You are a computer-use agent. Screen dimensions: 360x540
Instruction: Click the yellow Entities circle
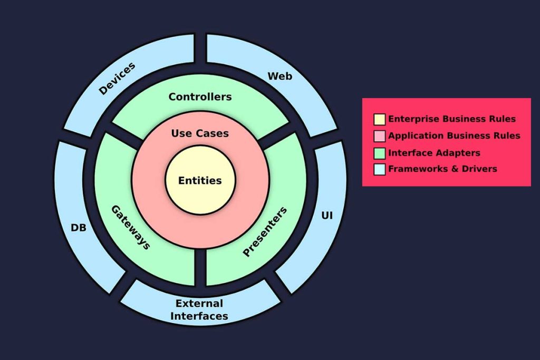click(x=200, y=181)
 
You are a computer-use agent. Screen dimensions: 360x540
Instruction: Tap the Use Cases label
click(x=200, y=133)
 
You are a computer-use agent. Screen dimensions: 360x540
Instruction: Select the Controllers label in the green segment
click(x=200, y=97)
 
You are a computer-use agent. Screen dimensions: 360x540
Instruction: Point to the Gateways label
click(x=130, y=227)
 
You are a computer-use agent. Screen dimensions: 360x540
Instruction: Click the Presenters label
click(x=265, y=232)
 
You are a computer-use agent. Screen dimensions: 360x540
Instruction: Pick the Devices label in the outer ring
click(x=117, y=79)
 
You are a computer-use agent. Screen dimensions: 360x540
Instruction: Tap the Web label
click(x=279, y=76)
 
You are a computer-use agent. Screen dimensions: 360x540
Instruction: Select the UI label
click(x=327, y=216)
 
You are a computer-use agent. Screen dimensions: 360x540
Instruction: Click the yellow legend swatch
click(x=380, y=119)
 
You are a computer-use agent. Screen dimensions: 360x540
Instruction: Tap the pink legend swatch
click(x=380, y=136)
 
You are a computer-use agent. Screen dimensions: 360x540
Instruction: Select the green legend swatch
click(x=380, y=153)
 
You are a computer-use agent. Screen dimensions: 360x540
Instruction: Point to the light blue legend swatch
click(x=380, y=169)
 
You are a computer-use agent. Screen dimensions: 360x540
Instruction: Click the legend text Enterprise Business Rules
click(x=452, y=119)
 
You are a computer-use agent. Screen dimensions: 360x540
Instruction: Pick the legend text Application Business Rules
click(x=454, y=136)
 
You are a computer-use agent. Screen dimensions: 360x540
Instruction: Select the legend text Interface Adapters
click(x=434, y=153)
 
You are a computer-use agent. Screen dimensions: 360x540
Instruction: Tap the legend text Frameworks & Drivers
click(x=442, y=169)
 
